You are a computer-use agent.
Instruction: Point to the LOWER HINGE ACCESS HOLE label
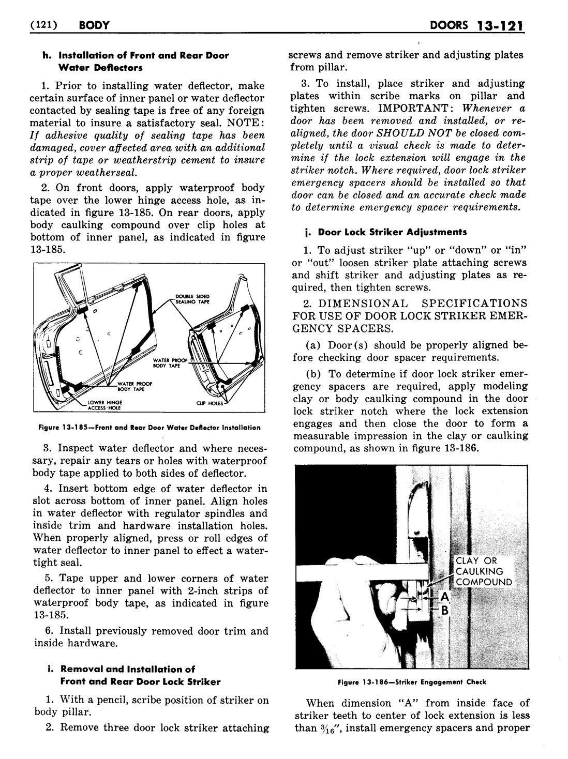(98, 404)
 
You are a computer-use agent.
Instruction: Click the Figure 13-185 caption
(149, 428)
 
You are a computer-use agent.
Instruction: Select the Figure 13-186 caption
(411, 682)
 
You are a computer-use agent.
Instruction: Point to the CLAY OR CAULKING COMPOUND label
(482, 571)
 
